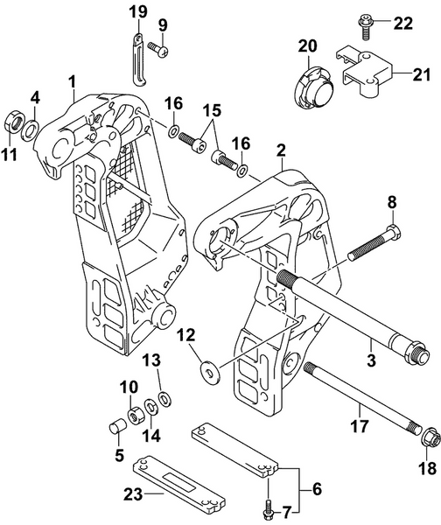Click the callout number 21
pyautogui.click(x=423, y=75)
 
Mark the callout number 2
pyautogui.click(x=281, y=151)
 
